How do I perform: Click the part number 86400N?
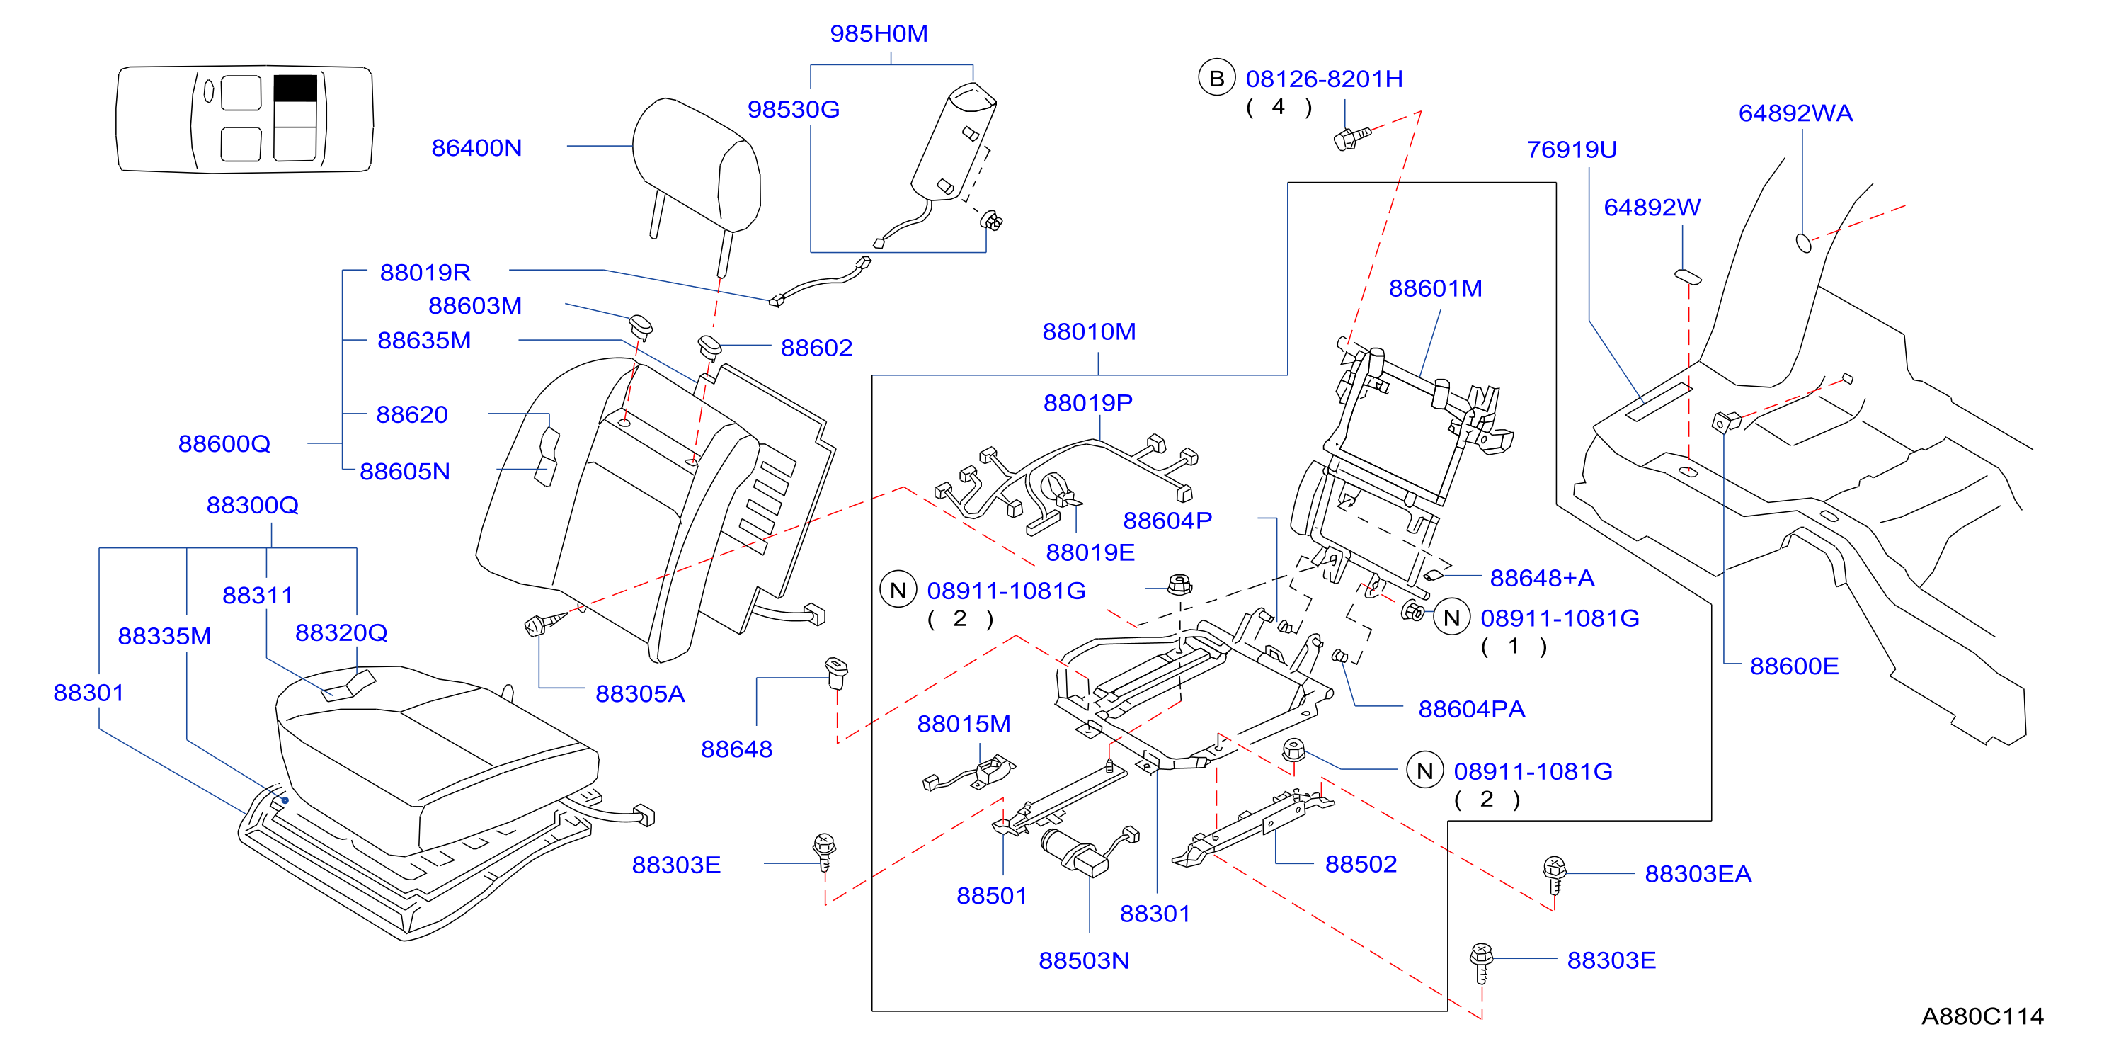point(476,148)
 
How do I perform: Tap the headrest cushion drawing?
point(696,165)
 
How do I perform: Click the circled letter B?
point(1216,79)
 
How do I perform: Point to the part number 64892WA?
point(1795,113)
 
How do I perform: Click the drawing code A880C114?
point(1982,1016)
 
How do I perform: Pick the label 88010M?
point(1089,332)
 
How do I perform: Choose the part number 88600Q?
point(224,444)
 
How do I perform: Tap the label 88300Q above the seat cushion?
point(252,505)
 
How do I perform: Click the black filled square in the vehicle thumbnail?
point(295,89)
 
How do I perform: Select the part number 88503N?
point(1084,961)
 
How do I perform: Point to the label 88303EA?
point(1698,875)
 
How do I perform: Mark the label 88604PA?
point(1472,709)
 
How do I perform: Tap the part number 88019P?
point(1087,403)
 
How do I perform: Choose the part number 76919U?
point(1572,149)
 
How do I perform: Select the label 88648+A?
point(1542,578)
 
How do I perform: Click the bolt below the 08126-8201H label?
point(1351,137)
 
